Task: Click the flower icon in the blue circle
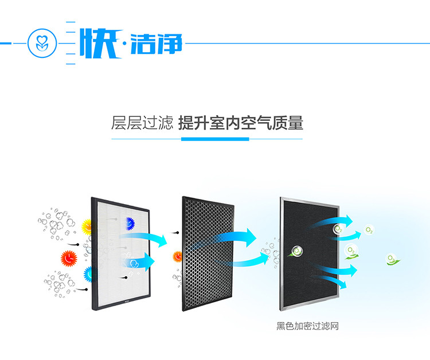click(42, 43)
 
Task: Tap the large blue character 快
click(100, 44)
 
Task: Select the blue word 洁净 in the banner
click(157, 44)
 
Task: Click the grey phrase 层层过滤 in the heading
click(142, 123)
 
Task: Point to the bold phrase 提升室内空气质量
click(241, 123)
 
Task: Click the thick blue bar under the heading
click(215, 139)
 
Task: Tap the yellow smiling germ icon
click(87, 227)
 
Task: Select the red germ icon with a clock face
click(69, 259)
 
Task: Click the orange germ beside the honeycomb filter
click(177, 257)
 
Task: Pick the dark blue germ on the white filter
click(130, 224)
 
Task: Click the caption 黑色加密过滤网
click(307, 326)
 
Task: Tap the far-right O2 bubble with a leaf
click(392, 259)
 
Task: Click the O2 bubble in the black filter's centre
click(296, 251)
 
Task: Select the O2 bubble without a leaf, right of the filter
click(369, 230)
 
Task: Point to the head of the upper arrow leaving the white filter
click(163, 240)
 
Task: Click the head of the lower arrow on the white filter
click(149, 261)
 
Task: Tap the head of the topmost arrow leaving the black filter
click(349, 221)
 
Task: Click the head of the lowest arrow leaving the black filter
click(343, 284)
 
